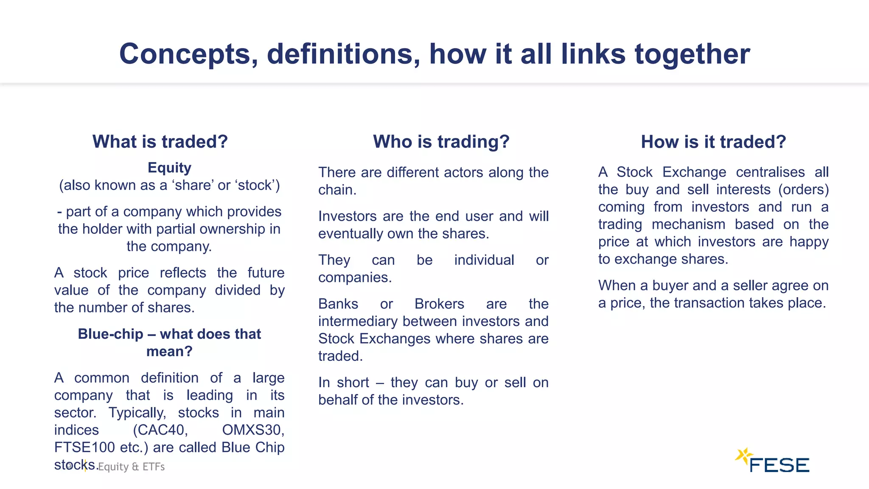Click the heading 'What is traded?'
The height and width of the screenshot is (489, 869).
(x=160, y=142)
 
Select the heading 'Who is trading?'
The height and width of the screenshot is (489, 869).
(x=441, y=142)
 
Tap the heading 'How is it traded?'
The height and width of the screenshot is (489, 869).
(x=713, y=142)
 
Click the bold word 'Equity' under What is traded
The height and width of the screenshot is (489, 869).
(x=169, y=168)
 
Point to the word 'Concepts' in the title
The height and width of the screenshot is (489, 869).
(x=188, y=54)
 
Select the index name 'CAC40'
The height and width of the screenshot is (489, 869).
(x=160, y=430)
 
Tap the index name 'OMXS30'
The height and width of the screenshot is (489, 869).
(x=253, y=430)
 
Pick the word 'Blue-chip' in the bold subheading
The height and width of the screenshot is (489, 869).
(x=110, y=334)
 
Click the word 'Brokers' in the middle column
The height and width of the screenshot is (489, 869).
(x=439, y=304)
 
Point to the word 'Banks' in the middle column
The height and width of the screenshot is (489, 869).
(x=338, y=304)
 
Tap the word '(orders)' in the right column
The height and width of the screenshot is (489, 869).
(x=803, y=190)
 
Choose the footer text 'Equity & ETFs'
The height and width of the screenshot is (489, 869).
(x=132, y=467)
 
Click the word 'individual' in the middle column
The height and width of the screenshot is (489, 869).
(x=484, y=260)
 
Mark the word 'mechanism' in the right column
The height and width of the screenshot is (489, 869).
(x=688, y=225)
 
